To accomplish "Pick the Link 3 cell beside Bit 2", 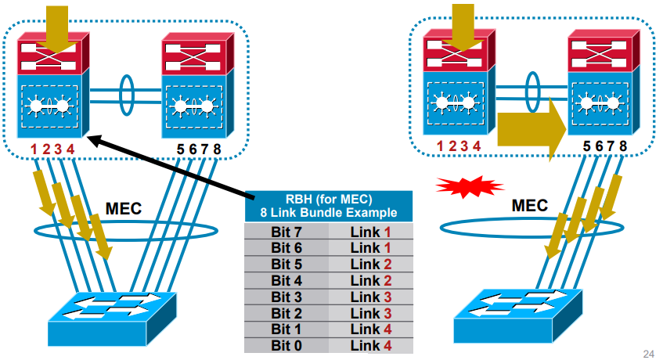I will click(x=370, y=313).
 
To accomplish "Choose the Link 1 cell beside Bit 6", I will click(x=370, y=247).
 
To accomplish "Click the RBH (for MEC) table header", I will click(x=329, y=206).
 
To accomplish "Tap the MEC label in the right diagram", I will click(x=530, y=205).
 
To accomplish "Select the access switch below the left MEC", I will click(x=114, y=315).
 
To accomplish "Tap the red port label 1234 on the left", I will click(x=52, y=149).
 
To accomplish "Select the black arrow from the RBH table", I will click(x=172, y=167).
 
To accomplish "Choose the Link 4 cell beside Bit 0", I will click(x=370, y=344).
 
